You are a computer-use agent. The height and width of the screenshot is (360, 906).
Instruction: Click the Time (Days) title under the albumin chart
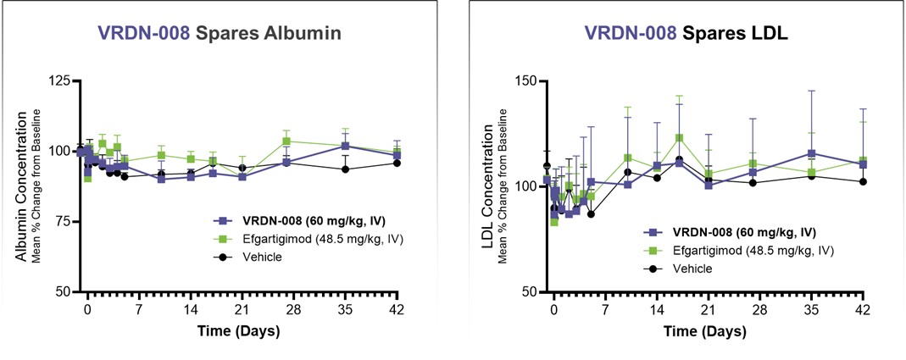coord(238,330)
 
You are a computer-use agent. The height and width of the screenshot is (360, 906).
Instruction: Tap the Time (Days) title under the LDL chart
coord(708,330)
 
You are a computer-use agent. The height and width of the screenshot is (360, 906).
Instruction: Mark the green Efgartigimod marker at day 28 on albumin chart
coord(286,141)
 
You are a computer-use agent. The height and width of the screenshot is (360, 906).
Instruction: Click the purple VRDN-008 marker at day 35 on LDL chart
coord(812,153)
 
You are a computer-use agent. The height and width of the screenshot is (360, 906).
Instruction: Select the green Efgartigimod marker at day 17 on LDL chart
coord(679,138)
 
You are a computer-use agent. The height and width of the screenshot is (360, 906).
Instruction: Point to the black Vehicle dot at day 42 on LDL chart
coord(863,181)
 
